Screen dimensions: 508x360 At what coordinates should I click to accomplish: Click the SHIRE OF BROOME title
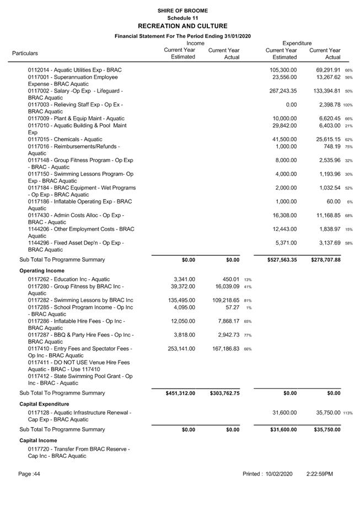click(x=182, y=10)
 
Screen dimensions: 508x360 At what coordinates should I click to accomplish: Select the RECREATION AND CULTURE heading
click(x=182, y=26)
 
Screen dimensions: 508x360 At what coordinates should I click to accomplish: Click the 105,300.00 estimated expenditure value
click(x=283, y=70)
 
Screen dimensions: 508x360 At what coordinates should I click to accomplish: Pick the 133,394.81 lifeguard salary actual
click(x=325, y=91)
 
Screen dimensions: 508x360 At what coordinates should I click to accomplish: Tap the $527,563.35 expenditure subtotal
click(x=276, y=260)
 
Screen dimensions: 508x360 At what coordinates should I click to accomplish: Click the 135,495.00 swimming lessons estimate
click(x=180, y=300)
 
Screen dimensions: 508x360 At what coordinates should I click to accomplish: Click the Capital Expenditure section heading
click(x=47, y=404)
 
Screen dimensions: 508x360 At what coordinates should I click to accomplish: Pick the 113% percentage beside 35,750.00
click(x=348, y=413)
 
